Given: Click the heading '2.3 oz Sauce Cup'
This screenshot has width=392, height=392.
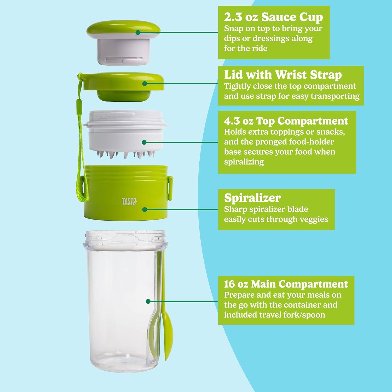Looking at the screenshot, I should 273,17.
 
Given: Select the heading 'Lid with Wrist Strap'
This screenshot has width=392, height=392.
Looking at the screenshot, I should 283,75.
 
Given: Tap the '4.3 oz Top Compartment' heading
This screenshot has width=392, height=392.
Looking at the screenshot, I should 286,121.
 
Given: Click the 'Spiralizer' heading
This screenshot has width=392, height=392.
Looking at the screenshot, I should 252,198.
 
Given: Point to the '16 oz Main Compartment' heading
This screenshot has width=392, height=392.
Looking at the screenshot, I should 286,284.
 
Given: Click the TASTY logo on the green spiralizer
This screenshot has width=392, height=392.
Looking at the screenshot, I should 129,201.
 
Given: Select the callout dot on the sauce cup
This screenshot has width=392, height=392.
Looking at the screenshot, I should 138,32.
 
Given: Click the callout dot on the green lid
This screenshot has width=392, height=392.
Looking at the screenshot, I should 145,83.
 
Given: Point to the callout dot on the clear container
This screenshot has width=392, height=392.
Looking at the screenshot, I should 148,301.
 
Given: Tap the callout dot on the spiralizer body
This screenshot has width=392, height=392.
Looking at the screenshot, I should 145,209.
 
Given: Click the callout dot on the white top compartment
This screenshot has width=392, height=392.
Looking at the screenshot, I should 144,142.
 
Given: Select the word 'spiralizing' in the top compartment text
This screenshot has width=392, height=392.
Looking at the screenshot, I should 244,162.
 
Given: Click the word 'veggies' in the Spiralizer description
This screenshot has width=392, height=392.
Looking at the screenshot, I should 314,219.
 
